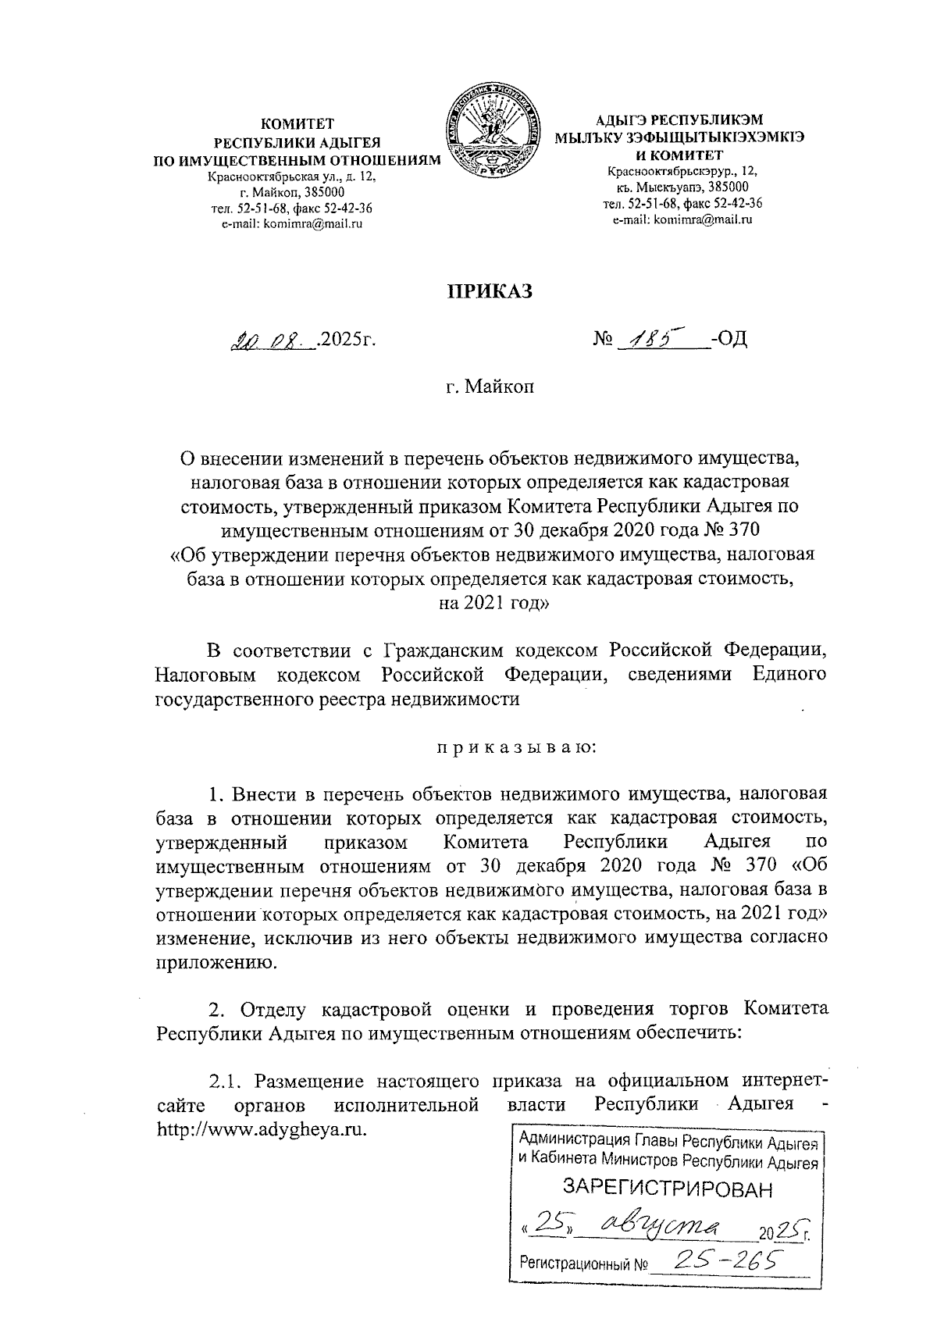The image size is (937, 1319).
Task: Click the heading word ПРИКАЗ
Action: click(x=490, y=292)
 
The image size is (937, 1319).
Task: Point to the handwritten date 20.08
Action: click(x=270, y=340)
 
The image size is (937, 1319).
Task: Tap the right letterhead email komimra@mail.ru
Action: click(x=682, y=220)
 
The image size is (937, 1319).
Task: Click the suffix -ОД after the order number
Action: click(x=729, y=340)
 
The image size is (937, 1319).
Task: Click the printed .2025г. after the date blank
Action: click(x=343, y=340)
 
